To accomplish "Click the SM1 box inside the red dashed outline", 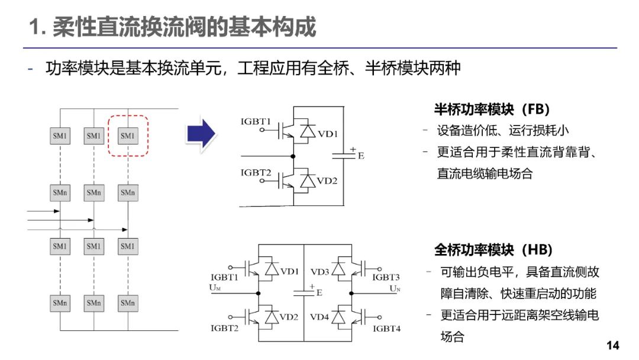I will pos(128,136).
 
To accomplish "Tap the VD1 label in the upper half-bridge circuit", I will pos(328,134).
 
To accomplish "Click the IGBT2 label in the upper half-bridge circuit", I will pos(256,173).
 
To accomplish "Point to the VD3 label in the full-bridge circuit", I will pos(319,272).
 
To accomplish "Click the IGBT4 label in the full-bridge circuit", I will pos(386,327).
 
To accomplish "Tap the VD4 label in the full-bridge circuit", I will pos(319,317).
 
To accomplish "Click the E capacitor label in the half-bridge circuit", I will pos(361,156).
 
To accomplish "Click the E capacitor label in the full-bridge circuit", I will pos(319,292).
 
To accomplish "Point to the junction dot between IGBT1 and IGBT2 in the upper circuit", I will pos(293,157).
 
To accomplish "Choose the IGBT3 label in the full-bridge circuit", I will pos(386,277).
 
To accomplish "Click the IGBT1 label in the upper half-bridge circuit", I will pos(256,122).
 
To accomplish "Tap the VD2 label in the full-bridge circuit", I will pos(289,317).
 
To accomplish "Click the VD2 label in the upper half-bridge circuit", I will pos(327,181).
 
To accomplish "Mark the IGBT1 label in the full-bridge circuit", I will pos(224,277).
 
